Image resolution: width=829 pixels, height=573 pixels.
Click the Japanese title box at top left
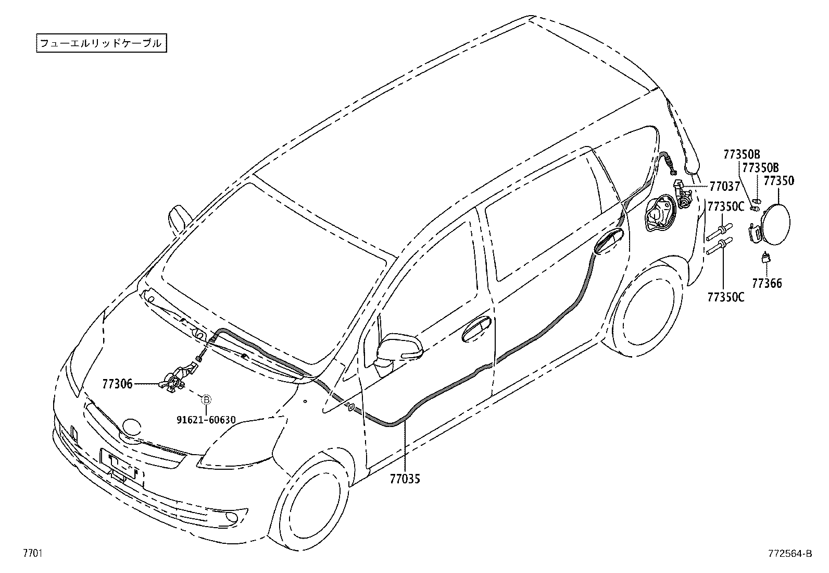101,43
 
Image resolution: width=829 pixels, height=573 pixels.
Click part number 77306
117,384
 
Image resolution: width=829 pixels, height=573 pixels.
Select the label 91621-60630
206,420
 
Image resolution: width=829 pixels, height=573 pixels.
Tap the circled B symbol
206,400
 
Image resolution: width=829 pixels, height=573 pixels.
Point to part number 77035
405,479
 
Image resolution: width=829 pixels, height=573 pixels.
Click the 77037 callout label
724,187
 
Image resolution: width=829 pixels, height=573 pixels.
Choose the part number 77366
767,284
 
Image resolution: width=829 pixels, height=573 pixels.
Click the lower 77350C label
725,297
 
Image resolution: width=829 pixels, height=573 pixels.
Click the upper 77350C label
725,206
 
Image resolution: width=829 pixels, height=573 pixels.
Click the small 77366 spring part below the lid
766,258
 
